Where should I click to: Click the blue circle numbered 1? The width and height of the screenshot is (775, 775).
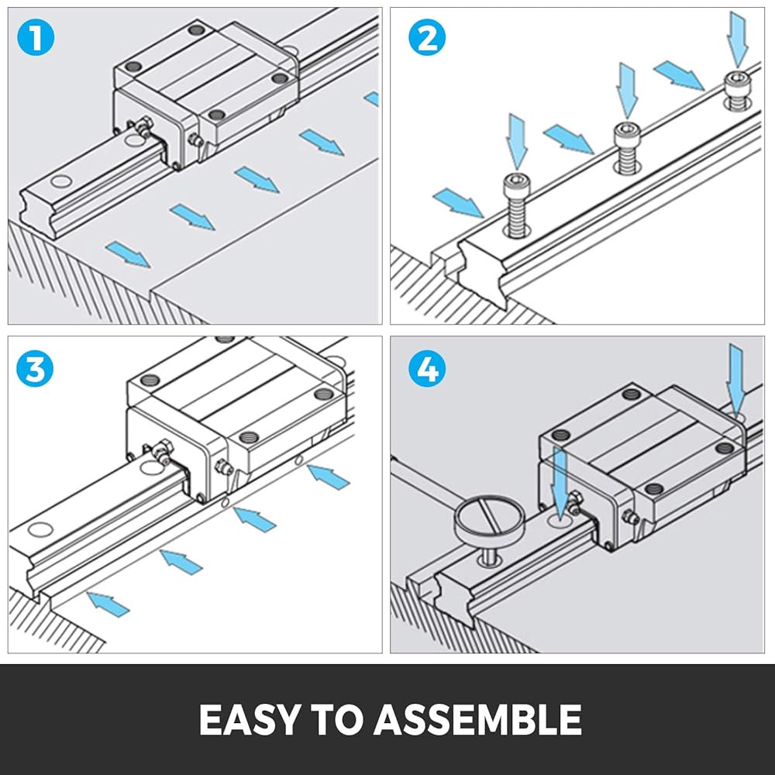[x=36, y=38]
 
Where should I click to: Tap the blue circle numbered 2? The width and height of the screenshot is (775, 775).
[x=427, y=38]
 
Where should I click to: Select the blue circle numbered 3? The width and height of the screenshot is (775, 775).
[x=35, y=368]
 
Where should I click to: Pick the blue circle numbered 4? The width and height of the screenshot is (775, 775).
[x=427, y=368]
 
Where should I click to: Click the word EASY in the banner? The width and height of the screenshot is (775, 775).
[x=249, y=720]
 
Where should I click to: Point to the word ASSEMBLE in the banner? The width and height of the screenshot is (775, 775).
[x=477, y=720]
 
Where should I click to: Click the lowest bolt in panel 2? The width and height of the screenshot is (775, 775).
[x=517, y=205]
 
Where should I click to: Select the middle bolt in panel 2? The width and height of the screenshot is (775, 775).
[x=627, y=147]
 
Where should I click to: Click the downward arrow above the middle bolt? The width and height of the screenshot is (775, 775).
[x=627, y=91]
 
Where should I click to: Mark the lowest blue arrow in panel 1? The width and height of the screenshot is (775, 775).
[x=128, y=254]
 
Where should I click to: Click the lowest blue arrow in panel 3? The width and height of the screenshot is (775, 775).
[x=108, y=604]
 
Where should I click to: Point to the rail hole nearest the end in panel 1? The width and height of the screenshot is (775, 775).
[x=61, y=181]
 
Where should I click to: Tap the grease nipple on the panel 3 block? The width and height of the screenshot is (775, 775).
[x=162, y=453]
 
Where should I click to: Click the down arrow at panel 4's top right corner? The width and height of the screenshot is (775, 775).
[x=736, y=381]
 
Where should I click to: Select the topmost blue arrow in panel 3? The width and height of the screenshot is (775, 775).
[x=328, y=477]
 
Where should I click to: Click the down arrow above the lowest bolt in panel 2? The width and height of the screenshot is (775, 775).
[x=517, y=142]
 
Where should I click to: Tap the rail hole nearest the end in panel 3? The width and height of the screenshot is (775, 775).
[x=40, y=529]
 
